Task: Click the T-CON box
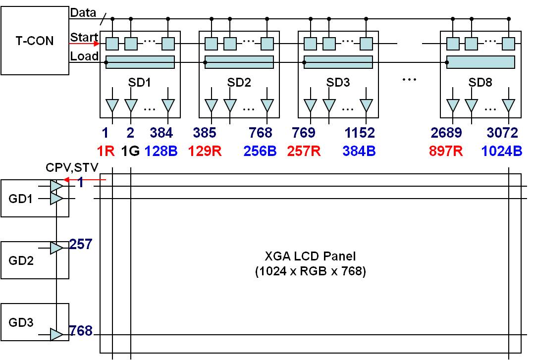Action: pos(34,40)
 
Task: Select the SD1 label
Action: pos(140,82)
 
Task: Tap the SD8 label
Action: pos(481,82)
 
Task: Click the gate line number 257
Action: pos(81,244)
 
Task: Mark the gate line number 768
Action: pos(81,330)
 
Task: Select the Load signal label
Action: pos(84,56)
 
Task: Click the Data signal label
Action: pos(83,13)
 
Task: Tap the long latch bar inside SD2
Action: pos(239,62)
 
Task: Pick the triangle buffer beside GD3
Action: pos(56,335)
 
